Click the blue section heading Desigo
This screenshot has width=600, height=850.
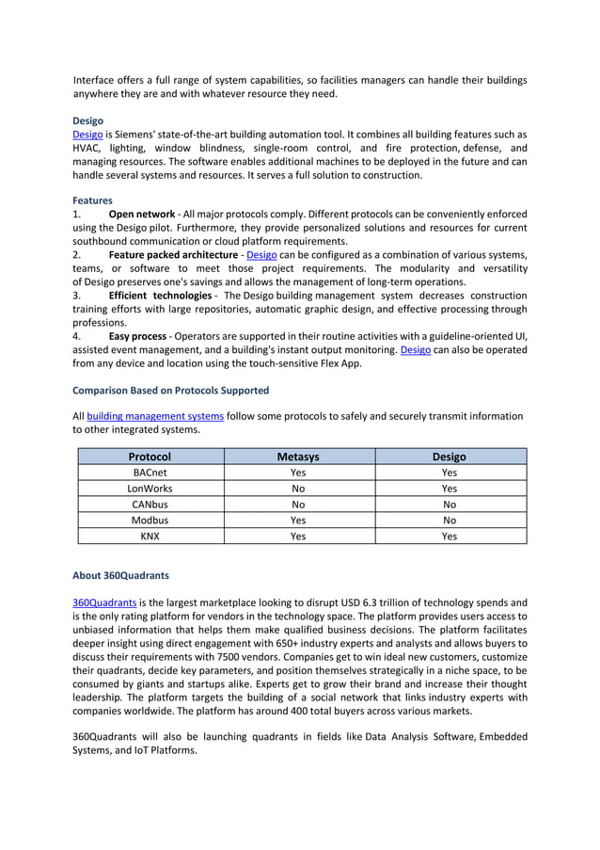87,120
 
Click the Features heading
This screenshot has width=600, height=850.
92,200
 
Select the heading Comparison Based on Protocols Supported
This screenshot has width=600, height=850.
170,390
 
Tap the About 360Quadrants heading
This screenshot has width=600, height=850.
120,574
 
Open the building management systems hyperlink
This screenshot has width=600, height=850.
155,415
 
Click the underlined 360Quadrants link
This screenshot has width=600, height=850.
104,602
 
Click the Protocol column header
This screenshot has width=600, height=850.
150,457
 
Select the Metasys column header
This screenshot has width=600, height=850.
298,457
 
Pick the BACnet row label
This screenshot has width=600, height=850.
150,473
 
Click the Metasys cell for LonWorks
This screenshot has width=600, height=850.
298,489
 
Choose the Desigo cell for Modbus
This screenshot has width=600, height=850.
450,520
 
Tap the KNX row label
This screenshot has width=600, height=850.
150,536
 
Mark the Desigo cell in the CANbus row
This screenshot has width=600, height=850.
450,505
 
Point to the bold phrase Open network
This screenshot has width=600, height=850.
142,215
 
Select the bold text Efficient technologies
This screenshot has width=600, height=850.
160,296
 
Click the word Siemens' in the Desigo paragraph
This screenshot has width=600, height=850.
138,135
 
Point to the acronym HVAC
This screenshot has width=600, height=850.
87,148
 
